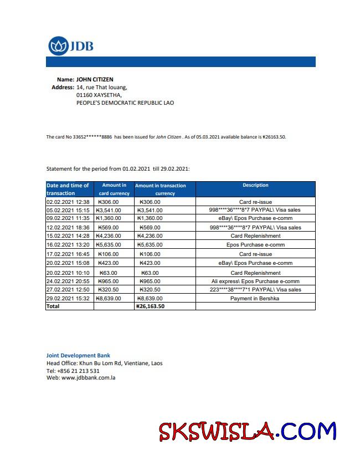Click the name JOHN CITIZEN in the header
(95, 80)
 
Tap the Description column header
(255, 185)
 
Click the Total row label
(53, 306)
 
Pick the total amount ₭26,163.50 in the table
(150, 306)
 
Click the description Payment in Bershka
(255, 299)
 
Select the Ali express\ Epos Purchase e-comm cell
(255, 281)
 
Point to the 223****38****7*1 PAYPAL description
(255, 290)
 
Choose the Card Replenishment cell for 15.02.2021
(255, 236)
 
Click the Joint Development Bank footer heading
(78, 355)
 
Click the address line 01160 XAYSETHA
(99, 95)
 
